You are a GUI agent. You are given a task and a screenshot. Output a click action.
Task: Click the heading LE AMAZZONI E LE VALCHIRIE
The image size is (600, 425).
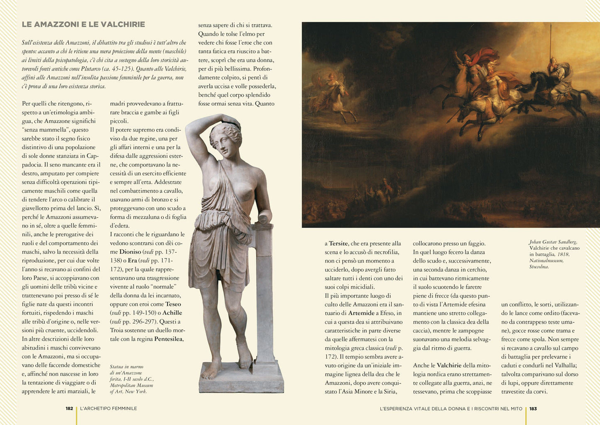(83, 25)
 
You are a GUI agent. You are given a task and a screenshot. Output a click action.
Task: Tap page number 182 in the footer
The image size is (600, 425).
(69, 408)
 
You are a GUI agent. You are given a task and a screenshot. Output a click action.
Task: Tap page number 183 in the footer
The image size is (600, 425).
(533, 408)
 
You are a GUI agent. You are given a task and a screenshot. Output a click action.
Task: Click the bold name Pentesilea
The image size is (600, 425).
(168, 339)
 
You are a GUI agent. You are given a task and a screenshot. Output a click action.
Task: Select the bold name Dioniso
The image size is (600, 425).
(130, 252)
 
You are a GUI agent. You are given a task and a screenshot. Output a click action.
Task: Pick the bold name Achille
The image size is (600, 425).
(172, 313)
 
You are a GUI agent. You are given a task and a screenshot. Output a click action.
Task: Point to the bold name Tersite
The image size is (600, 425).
(338, 243)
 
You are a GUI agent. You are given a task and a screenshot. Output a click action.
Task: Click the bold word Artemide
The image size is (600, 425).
(361, 313)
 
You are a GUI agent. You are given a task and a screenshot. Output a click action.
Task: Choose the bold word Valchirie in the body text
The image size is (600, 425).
(449, 366)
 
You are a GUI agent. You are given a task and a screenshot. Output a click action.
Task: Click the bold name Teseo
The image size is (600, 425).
(173, 304)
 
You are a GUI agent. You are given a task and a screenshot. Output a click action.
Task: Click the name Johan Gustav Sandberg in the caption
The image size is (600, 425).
(553, 242)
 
